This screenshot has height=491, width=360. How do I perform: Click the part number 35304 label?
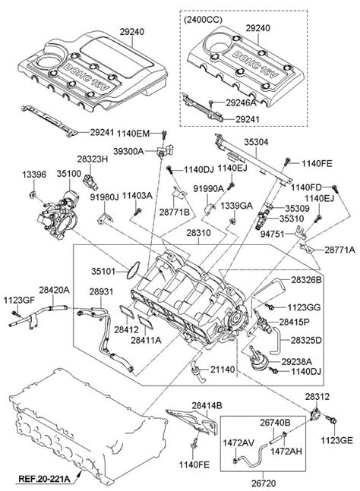tap(256, 142)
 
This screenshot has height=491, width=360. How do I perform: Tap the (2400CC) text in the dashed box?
tap(203, 20)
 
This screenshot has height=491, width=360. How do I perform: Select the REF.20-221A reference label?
tap(44, 478)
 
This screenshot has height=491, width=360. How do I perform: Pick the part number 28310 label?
tap(199, 233)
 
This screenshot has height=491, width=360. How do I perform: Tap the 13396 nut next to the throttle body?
tap(32, 195)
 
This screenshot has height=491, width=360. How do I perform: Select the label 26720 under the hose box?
tap(264, 483)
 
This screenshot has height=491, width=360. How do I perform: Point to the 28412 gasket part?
tap(127, 311)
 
